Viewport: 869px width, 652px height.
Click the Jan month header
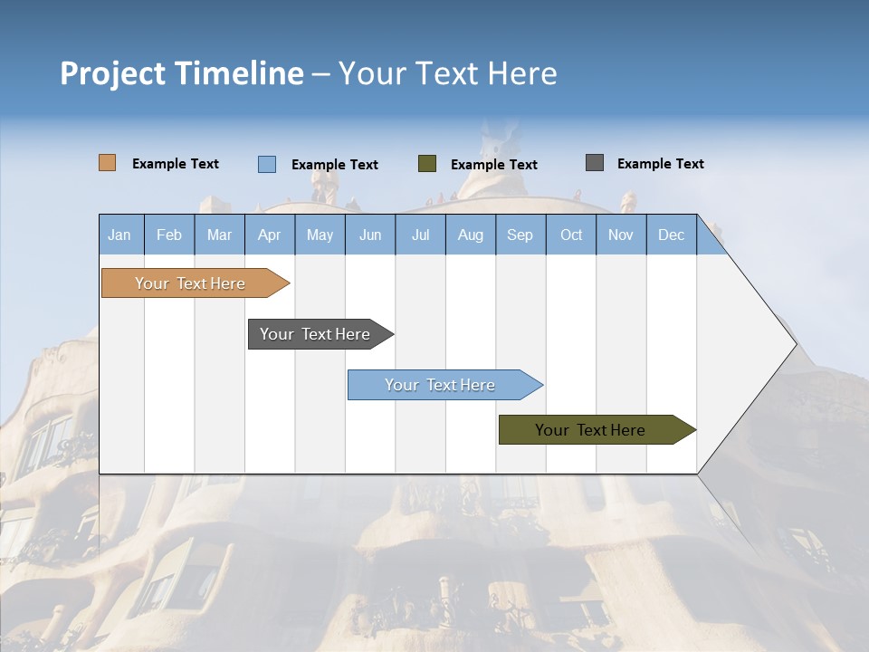(x=119, y=235)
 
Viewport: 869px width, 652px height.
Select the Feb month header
(x=169, y=235)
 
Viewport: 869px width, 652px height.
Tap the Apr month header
(x=269, y=235)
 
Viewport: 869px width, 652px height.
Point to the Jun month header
(x=370, y=235)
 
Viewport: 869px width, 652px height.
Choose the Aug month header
(x=471, y=235)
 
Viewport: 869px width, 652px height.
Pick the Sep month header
(x=520, y=235)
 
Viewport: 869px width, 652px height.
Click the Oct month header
(x=571, y=235)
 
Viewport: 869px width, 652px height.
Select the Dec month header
(x=672, y=235)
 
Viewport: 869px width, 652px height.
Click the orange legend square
(x=108, y=163)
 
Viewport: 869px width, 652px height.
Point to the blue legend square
(x=267, y=164)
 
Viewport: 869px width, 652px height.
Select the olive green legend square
(x=427, y=164)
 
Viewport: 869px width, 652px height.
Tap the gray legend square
(x=595, y=163)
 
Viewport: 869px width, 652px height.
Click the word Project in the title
(x=112, y=73)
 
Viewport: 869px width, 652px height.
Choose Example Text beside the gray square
(x=660, y=164)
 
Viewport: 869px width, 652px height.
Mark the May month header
(x=320, y=235)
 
